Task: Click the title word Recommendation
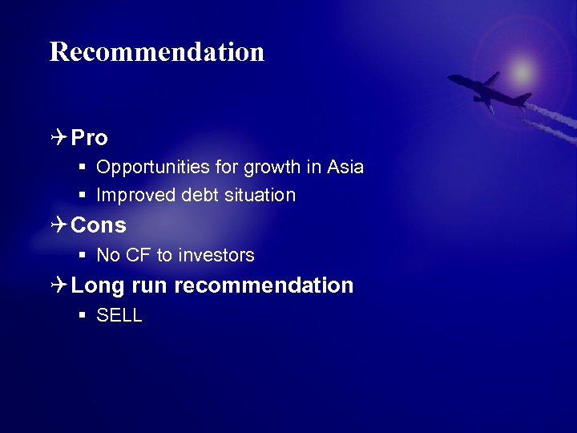(x=157, y=52)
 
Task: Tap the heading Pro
(x=89, y=138)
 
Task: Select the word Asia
(x=345, y=167)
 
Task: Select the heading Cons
(x=99, y=225)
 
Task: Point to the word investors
(x=216, y=255)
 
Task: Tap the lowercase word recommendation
(x=264, y=285)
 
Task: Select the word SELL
(x=119, y=316)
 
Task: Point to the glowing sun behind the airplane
(x=523, y=72)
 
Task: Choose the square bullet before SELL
(x=83, y=316)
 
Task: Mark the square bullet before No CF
(x=83, y=255)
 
